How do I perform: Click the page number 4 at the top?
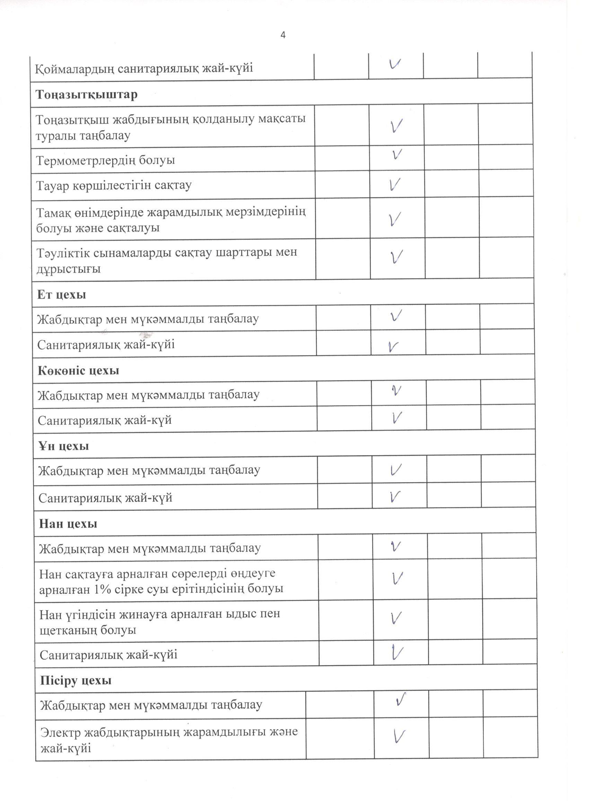click(283, 35)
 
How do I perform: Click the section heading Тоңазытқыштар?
click(86, 95)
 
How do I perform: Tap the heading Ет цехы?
click(61, 294)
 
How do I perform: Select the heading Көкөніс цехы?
click(78, 371)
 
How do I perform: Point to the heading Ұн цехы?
click(64, 447)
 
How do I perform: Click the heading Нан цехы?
click(68, 524)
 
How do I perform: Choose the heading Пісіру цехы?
click(76, 680)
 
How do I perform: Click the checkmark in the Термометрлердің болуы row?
click(396, 154)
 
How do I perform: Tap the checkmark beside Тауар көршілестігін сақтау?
click(394, 184)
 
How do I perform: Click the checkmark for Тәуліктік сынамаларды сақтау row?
click(396, 256)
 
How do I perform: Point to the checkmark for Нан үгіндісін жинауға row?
click(396, 618)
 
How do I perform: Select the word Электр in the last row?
click(60, 732)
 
